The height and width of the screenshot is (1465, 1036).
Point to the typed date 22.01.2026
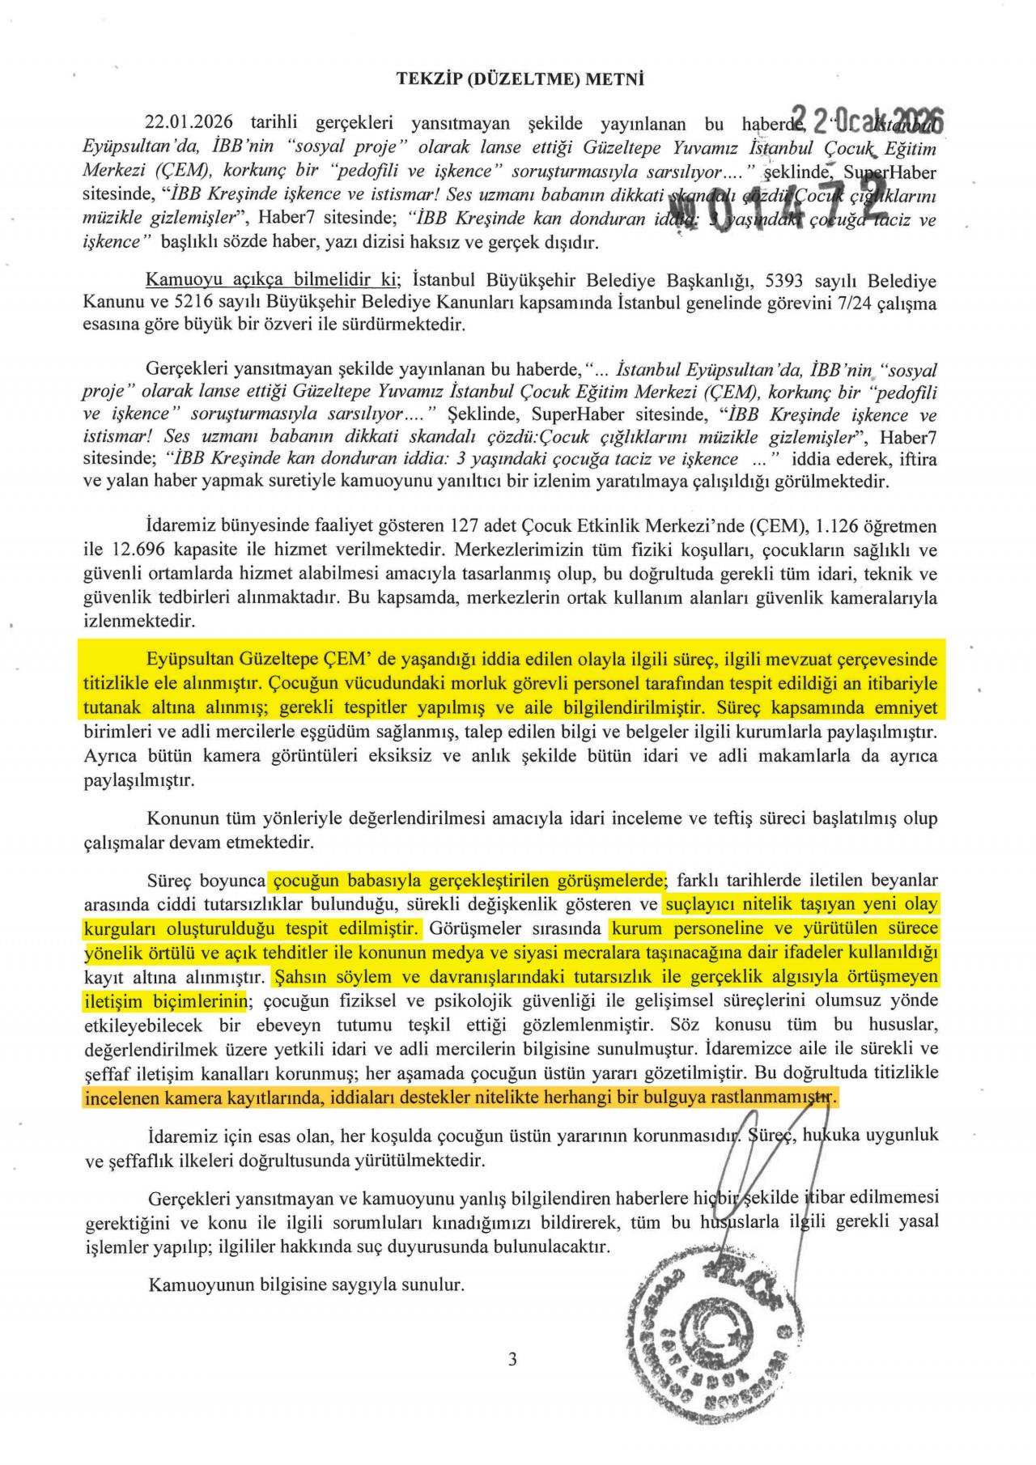point(189,123)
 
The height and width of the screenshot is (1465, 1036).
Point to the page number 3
point(512,1360)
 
